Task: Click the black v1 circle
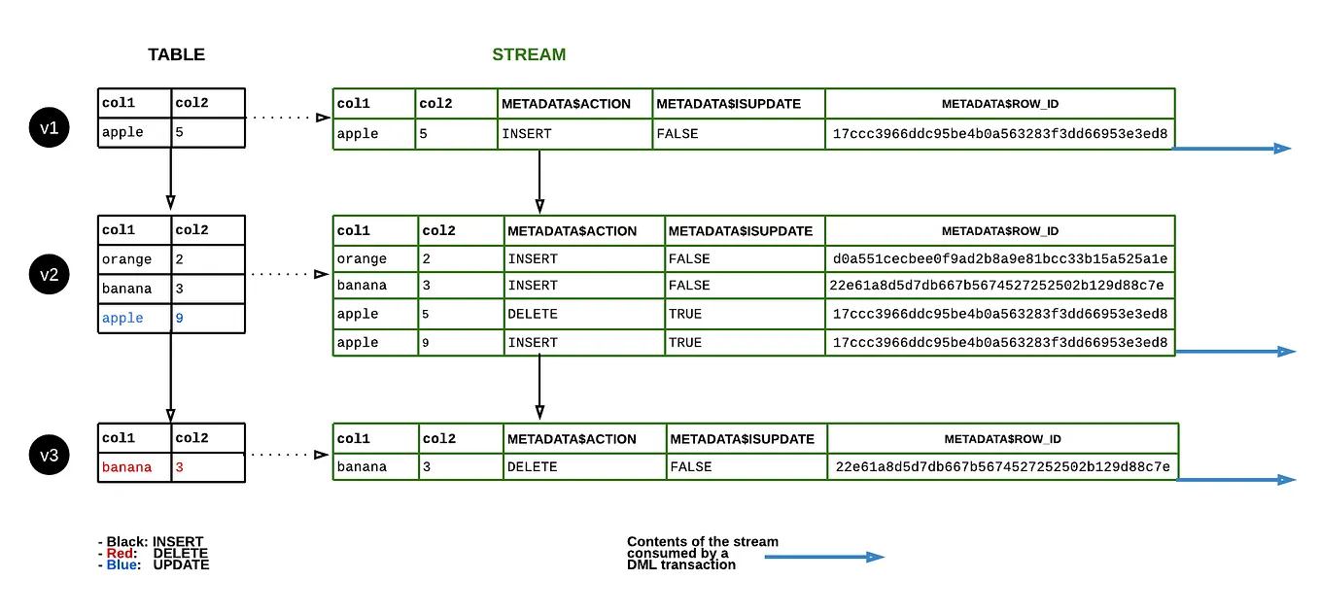pos(50,127)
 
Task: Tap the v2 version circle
pos(50,275)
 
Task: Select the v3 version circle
pos(50,455)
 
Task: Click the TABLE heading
pos(176,54)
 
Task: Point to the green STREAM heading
pos(529,54)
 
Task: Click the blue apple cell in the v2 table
pos(122,319)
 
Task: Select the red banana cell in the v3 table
pos(127,467)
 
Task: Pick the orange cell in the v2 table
pos(127,259)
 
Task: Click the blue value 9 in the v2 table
pos(180,319)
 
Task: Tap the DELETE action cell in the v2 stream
pos(532,314)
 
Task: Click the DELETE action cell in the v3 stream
pos(532,467)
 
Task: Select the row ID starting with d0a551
pos(1000,259)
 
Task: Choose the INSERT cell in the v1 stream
pos(526,133)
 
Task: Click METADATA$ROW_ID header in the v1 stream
pos(1000,104)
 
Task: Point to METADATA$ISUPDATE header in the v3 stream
pos(743,439)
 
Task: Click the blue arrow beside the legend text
pos(823,557)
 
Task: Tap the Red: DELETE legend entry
pos(154,553)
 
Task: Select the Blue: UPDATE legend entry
pos(154,564)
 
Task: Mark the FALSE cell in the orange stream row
pos(689,259)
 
